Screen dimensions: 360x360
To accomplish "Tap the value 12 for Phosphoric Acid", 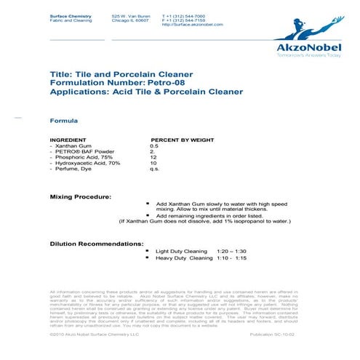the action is click(x=153, y=157).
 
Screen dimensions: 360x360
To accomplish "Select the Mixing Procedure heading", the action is click(x=80, y=197).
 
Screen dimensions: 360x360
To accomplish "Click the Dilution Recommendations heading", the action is click(x=96, y=243).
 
